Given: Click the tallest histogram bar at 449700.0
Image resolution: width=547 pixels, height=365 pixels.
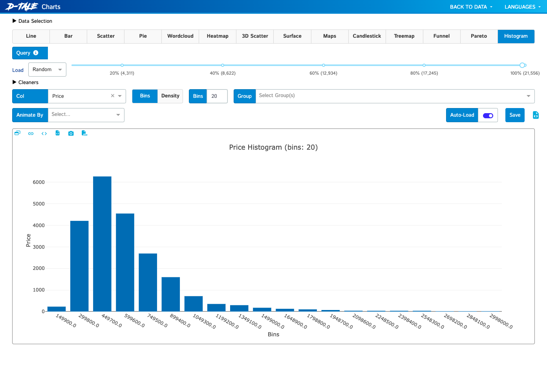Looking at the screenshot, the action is coord(102,244).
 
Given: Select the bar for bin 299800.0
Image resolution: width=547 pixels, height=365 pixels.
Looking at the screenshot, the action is coord(79,266).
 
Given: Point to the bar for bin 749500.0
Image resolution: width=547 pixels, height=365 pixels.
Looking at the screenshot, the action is coord(148,282).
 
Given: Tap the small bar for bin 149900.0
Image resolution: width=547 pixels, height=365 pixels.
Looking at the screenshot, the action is coord(57,309).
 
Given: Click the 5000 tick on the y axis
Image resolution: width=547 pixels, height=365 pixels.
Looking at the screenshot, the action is coord(38,204).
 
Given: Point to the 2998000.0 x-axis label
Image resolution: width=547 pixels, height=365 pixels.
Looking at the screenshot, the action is coord(501,321).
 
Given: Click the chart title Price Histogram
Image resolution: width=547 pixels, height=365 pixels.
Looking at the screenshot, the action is coord(273,147).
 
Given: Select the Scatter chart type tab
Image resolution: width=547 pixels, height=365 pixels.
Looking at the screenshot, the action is coord(106,36).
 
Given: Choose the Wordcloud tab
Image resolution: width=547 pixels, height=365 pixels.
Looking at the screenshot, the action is coord(180,36).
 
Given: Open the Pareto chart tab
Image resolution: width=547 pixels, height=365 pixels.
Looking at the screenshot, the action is coord(479,36).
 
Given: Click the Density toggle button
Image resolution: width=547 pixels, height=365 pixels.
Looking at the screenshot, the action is coord(170,96).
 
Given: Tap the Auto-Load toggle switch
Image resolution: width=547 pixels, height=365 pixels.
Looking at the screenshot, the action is coord(488,116).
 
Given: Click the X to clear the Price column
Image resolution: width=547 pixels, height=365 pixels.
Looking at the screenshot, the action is coord(113,96).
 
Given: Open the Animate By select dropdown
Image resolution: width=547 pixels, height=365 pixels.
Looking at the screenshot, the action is coord(86,115).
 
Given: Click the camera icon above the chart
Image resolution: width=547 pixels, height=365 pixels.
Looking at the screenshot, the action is coord(71,133).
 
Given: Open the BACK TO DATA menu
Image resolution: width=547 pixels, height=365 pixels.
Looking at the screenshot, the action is coord(471,7).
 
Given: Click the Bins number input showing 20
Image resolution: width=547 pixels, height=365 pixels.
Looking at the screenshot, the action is coord(217,96).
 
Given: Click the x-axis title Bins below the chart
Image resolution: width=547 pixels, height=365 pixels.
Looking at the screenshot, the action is coord(273,334).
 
